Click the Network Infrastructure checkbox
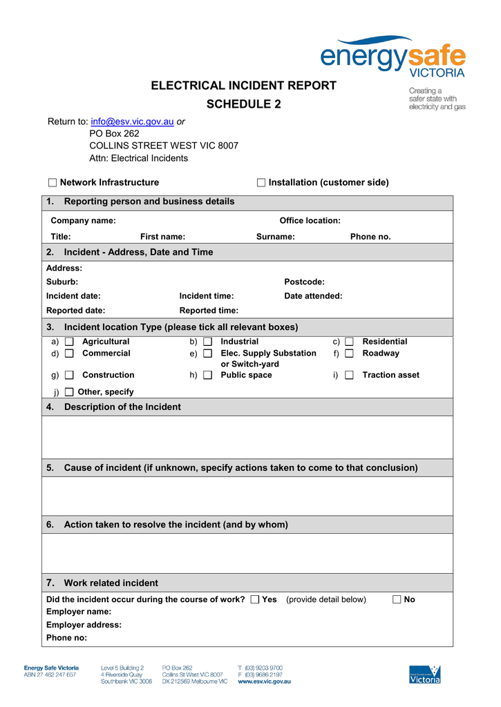53,183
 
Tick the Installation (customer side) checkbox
261,183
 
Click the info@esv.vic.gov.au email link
132,122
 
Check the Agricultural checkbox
69,342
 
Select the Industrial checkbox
207,342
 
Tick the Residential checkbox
349,342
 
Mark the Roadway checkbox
349,353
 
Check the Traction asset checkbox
349,376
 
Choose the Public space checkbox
207,376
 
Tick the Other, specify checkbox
69,392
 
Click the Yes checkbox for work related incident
255,599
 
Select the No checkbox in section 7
397,599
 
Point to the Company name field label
83,221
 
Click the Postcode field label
304,282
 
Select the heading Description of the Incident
122,407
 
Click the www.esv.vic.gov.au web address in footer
264,681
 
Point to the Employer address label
84,625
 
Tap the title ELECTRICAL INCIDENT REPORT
244,86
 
